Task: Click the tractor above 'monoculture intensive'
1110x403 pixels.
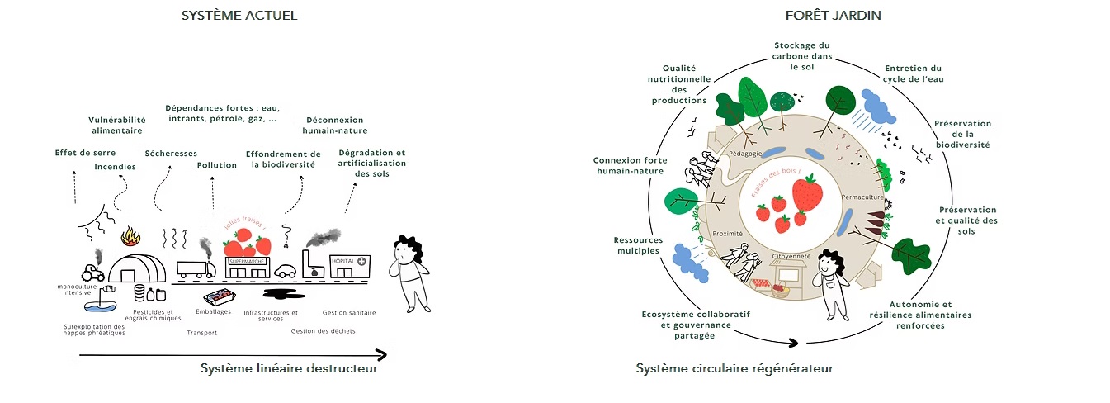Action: [x=92, y=271]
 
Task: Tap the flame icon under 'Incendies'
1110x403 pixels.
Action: [x=130, y=237]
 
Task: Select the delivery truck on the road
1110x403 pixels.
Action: [x=196, y=269]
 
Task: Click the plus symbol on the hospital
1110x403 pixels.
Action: [x=361, y=262]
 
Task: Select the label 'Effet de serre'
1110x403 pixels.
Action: [x=85, y=153]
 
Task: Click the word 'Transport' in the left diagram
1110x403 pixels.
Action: [x=201, y=334]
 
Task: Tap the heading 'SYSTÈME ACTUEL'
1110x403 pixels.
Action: [x=239, y=16]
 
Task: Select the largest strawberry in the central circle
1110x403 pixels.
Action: [x=806, y=194]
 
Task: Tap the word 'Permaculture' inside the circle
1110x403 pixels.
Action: [x=862, y=198]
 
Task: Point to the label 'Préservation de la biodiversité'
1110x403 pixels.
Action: [x=962, y=134]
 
